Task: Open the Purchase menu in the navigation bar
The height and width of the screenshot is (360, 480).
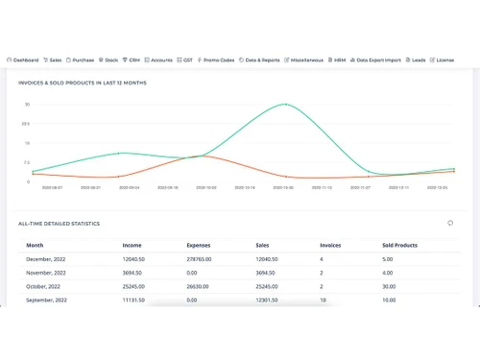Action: point(81,60)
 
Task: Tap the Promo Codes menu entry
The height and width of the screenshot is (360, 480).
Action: point(216,60)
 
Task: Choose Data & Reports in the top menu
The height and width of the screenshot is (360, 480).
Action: point(260,60)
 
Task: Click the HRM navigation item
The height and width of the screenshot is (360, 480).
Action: point(339,60)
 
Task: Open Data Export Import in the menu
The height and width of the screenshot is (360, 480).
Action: point(377,60)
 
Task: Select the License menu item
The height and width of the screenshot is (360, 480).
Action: point(443,60)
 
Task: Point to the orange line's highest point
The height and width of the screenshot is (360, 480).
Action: point(204,156)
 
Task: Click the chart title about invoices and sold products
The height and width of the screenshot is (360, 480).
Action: point(82,83)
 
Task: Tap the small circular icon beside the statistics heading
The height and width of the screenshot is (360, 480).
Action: point(450,223)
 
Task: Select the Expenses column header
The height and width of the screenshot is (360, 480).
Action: point(198,245)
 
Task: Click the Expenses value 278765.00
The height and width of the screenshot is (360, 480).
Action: point(202,259)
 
